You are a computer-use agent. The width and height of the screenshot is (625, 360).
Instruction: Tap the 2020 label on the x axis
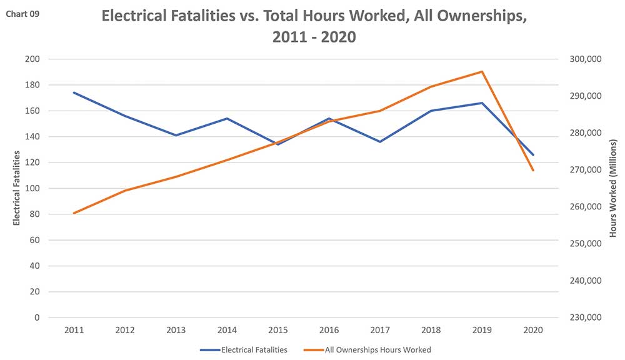(x=533, y=329)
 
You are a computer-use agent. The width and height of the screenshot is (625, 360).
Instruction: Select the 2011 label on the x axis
(x=74, y=329)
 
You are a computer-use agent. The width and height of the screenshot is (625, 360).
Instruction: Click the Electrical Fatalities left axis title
(x=17, y=187)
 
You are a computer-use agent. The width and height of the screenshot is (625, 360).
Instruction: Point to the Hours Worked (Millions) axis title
(x=613, y=188)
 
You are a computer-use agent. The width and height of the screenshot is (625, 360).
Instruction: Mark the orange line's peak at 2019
(x=482, y=71)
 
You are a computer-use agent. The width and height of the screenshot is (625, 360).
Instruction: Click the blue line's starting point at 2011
(x=74, y=92)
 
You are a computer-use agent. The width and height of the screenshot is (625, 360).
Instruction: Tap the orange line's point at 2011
(x=74, y=213)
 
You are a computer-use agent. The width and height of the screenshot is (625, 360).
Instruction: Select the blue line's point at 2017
(x=380, y=142)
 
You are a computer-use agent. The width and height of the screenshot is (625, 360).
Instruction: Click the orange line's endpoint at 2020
(x=533, y=170)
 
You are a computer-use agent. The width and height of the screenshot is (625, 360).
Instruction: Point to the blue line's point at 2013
(x=176, y=135)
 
